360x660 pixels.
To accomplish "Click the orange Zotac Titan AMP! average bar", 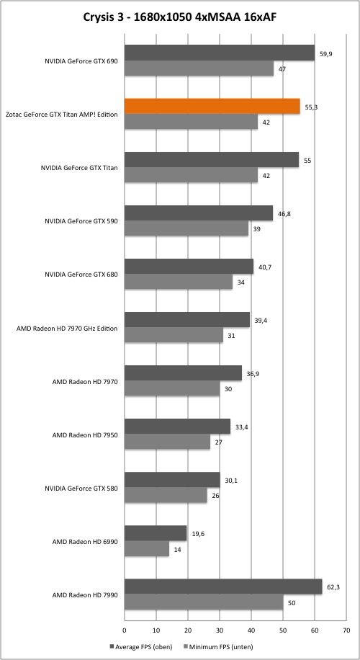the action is click(212, 107).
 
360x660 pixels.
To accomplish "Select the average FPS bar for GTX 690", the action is click(220, 53).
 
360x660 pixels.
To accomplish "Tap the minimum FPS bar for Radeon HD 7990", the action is click(204, 602).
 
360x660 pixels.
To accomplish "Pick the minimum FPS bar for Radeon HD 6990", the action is click(147, 549).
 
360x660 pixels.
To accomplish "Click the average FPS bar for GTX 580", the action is click(172, 480).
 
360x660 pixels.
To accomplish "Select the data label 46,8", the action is click(283, 213).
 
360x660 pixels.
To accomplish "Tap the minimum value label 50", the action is click(292, 603).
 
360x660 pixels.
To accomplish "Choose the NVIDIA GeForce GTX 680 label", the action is click(81, 275).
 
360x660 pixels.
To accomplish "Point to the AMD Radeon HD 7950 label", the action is click(84, 434).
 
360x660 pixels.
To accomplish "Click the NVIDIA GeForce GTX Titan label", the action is click(79, 168).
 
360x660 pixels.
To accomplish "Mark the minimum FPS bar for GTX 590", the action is click(186, 229).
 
